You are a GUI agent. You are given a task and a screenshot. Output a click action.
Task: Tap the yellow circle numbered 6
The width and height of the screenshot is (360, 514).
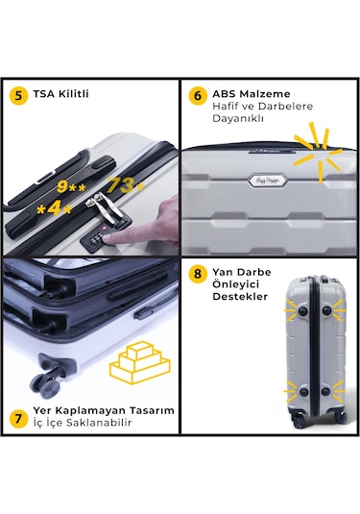tap(197, 95)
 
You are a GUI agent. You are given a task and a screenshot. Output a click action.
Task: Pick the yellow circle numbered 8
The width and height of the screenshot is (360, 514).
tap(197, 273)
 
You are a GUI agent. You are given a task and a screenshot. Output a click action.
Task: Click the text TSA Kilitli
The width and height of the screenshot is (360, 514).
tap(60, 95)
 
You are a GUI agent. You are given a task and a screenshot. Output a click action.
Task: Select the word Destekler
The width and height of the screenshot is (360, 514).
tap(240, 296)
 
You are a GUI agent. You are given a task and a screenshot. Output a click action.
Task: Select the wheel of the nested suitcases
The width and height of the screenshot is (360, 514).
tap(45, 381)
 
